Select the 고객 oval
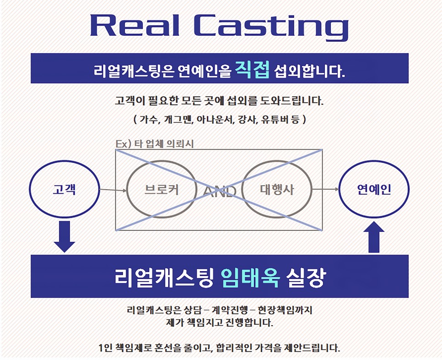[x=64, y=189]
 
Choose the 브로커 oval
[x=161, y=189]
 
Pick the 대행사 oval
[x=276, y=189]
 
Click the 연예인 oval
[x=374, y=189]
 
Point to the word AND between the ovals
[x=220, y=191]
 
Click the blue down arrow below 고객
[x=64, y=236]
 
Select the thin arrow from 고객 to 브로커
[x=113, y=189]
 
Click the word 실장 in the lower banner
[x=305, y=276]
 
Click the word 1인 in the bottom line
[x=106, y=348]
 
